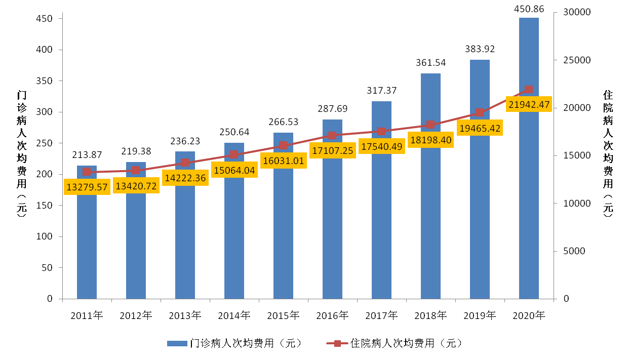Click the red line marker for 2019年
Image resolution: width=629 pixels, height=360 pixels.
[480, 112]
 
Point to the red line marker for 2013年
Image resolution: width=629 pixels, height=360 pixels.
[185, 163]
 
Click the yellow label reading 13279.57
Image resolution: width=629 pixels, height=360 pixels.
[87, 187]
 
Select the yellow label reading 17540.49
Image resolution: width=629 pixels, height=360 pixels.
[382, 147]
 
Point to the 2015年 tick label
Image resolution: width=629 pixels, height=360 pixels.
[283, 315]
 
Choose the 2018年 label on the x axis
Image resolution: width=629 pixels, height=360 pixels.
[430, 315]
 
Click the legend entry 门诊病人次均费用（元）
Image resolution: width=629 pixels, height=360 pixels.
[234, 343]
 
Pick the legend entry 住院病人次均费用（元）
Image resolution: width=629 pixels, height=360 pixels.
[395, 343]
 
